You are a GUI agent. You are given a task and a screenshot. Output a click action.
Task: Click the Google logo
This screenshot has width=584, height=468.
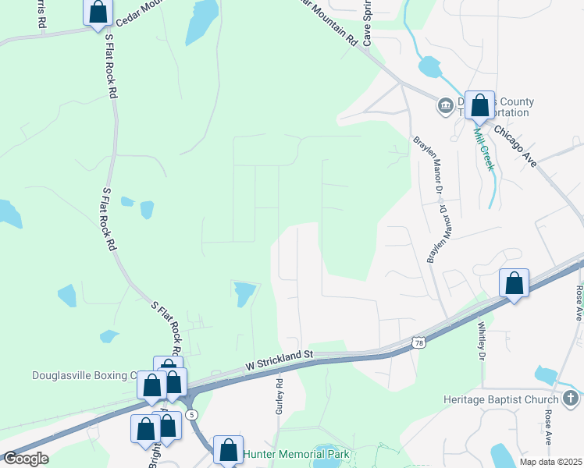(26, 459)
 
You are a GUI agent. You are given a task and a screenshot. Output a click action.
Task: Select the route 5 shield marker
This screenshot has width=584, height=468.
(192, 413)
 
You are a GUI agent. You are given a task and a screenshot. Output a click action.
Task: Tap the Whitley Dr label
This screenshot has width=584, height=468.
(482, 341)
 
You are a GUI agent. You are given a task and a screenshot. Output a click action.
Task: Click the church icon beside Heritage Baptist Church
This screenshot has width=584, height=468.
(571, 400)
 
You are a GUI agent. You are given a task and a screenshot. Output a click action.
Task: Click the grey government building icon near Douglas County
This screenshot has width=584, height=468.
(445, 105)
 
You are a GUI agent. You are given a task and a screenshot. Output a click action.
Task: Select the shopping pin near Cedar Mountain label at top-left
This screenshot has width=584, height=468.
(98, 12)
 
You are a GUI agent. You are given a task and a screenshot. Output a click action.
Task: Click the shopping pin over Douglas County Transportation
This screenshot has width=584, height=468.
(479, 105)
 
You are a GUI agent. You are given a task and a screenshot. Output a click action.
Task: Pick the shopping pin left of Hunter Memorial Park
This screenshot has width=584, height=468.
(228, 449)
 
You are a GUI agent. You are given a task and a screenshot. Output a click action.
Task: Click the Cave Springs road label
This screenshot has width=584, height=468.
(366, 23)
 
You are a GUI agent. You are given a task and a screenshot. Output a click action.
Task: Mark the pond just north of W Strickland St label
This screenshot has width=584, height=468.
(244, 294)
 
